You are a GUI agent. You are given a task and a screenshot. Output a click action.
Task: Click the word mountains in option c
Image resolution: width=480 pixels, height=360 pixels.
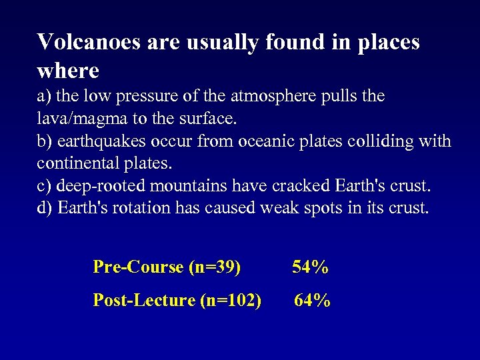click(175, 185)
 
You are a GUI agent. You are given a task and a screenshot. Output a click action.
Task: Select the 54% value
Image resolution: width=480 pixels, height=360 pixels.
click(310, 267)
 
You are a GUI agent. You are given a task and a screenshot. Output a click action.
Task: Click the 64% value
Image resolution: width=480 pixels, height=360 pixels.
click(312, 301)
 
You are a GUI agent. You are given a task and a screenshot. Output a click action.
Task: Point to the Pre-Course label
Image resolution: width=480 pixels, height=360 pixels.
click(138, 267)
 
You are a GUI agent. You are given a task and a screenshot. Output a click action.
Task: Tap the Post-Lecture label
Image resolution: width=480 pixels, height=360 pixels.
click(144, 301)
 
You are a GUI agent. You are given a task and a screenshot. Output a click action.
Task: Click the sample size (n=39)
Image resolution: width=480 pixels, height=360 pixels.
click(215, 267)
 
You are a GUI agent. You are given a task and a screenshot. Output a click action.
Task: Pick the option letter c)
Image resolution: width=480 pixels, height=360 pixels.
click(44, 186)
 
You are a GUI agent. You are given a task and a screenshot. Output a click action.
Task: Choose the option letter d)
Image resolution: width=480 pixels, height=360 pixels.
click(45, 208)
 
